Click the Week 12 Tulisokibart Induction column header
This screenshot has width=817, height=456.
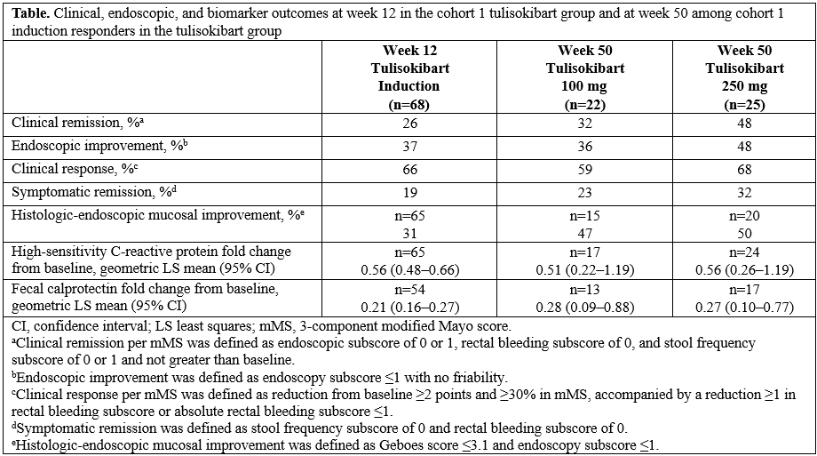409,76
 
